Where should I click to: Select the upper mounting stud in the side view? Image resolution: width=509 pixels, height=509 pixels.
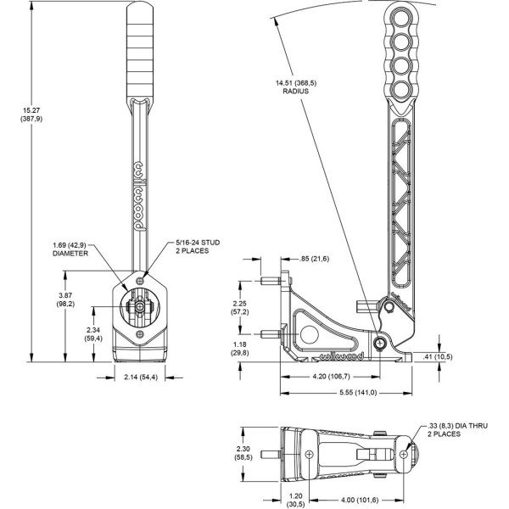click(271, 281)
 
